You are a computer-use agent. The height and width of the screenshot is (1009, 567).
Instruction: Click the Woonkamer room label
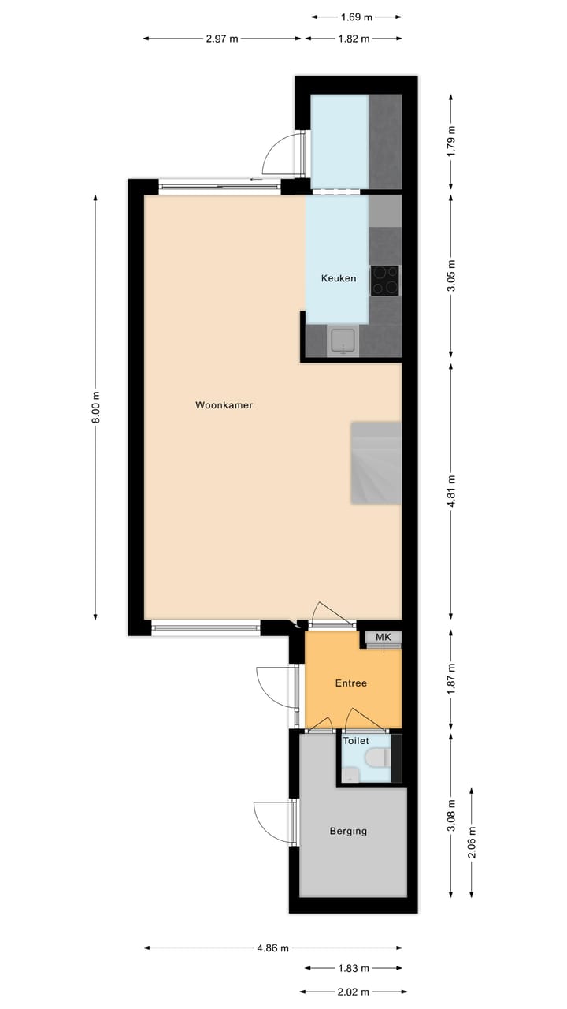pyautogui.click(x=224, y=405)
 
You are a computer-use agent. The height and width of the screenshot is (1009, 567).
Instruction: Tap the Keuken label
pyautogui.click(x=339, y=278)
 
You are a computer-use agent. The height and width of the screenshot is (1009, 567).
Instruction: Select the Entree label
pyautogui.click(x=351, y=683)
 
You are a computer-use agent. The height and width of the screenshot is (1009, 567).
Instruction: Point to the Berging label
pyautogui.click(x=348, y=831)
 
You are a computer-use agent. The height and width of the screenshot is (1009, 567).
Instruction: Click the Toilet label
pyautogui.click(x=356, y=741)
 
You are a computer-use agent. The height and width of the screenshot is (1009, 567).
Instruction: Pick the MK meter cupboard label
pyautogui.click(x=384, y=637)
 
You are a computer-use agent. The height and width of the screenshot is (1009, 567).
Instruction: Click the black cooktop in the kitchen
pyautogui.click(x=385, y=280)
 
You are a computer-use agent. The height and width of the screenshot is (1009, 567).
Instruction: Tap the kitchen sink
pyautogui.click(x=343, y=341)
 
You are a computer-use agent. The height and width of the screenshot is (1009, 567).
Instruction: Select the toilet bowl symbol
pyautogui.click(x=377, y=758)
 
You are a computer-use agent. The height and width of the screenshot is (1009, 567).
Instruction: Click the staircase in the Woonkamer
pyautogui.click(x=376, y=463)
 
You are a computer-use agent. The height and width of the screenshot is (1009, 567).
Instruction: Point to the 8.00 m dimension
pyautogui.click(x=96, y=408)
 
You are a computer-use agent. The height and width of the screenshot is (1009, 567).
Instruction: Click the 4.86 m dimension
pyautogui.click(x=273, y=948)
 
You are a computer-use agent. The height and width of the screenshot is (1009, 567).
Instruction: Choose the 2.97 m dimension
pyautogui.click(x=222, y=39)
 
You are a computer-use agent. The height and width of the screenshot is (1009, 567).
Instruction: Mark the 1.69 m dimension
pyautogui.click(x=357, y=16)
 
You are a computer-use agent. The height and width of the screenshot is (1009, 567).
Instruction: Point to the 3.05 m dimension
pyautogui.click(x=450, y=276)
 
